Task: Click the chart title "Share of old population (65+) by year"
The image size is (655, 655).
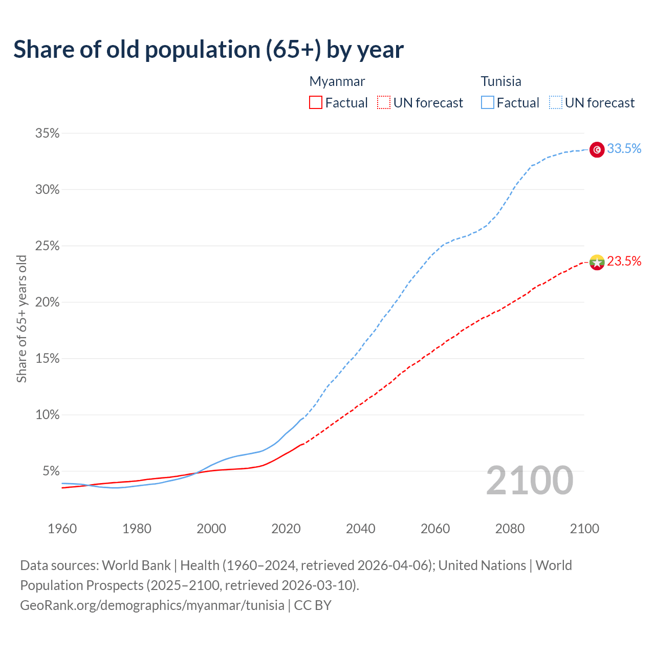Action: (x=208, y=50)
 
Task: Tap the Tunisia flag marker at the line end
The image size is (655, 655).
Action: (x=597, y=149)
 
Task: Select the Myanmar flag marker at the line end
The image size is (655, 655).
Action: (x=597, y=263)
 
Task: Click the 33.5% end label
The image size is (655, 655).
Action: (x=624, y=149)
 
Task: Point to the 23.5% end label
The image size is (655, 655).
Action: (x=624, y=261)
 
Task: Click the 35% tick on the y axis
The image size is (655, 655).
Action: (x=47, y=134)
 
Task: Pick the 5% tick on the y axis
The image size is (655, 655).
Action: (x=51, y=471)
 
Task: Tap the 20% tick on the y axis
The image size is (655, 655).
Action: (x=47, y=302)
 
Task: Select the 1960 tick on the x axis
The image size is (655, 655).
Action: (x=62, y=529)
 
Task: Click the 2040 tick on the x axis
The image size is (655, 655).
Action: (x=361, y=529)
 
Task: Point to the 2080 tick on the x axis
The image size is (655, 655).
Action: (x=510, y=529)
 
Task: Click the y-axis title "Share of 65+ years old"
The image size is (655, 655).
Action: (x=21, y=318)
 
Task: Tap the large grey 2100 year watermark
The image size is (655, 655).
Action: (x=529, y=481)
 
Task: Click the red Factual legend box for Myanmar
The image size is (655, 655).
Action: (x=316, y=103)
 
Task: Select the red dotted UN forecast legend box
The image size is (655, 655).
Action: (x=383, y=103)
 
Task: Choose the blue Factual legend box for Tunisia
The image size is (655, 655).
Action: (x=487, y=103)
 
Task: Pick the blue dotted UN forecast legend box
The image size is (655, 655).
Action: (x=555, y=103)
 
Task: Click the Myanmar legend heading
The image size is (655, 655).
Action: (x=337, y=81)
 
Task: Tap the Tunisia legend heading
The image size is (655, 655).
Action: (x=501, y=81)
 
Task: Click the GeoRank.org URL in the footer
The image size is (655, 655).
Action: (x=152, y=605)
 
